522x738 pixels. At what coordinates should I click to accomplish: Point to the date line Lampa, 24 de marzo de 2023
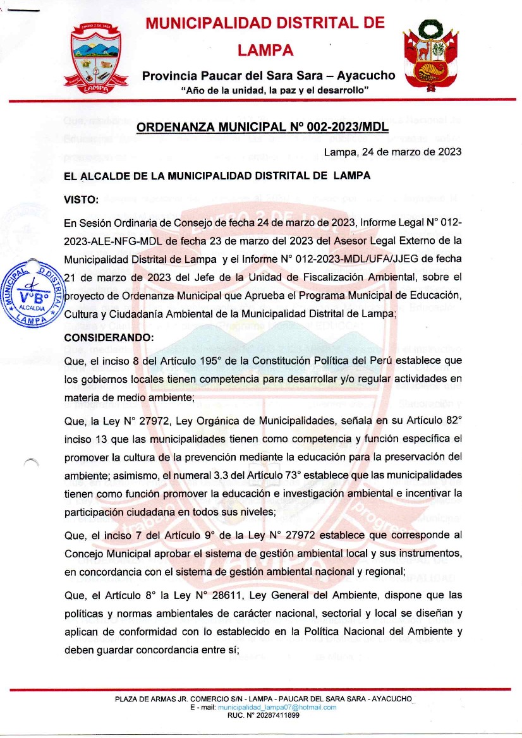coord(392,152)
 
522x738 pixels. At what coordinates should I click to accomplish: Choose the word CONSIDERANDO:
coord(108,337)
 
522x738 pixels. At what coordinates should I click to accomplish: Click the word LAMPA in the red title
coord(265,50)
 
